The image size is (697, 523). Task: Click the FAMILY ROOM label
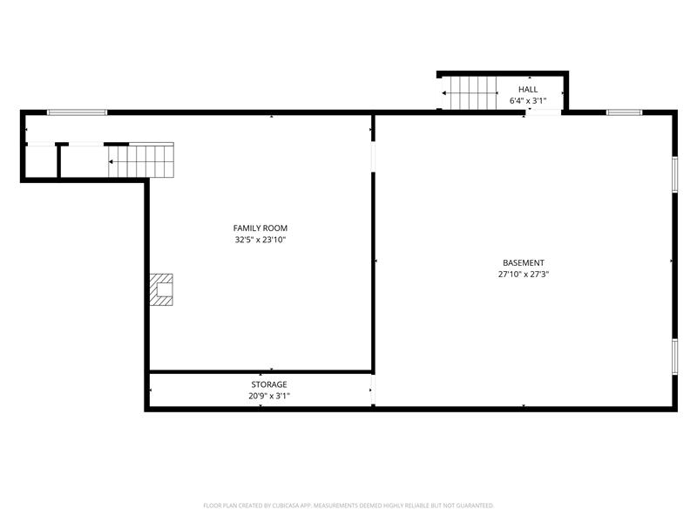[x=260, y=228]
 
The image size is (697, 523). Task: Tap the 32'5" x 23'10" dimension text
[x=260, y=240]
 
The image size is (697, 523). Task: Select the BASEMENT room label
[x=523, y=263]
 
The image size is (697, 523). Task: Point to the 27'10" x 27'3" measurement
[x=523, y=275]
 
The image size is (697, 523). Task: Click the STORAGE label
[x=268, y=384]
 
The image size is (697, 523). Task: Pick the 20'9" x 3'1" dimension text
[x=268, y=396]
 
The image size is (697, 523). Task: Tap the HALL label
[x=528, y=90]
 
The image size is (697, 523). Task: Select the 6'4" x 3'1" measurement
[x=528, y=101]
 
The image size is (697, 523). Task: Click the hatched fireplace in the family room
[x=161, y=289]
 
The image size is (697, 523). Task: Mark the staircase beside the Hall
[x=471, y=92]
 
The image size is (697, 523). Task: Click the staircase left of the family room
[x=141, y=160]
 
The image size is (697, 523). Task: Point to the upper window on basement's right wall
[x=674, y=173]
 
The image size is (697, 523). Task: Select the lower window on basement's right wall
[x=674, y=356]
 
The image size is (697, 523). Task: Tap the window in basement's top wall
[x=624, y=112]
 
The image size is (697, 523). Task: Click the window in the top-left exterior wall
[x=77, y=112]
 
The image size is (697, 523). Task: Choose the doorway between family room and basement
[x=374, y=155]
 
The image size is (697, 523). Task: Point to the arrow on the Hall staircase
[x=446, y=92]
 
